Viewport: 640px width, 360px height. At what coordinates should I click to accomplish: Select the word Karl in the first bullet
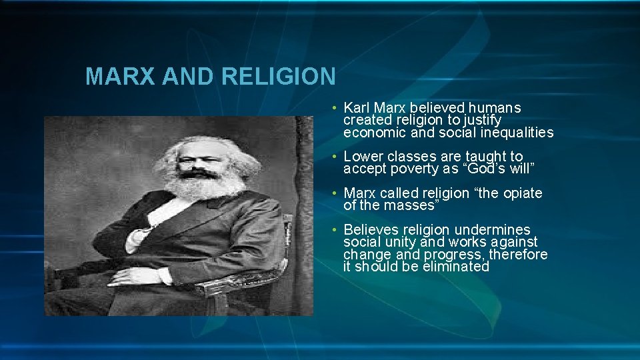point(357,107)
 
